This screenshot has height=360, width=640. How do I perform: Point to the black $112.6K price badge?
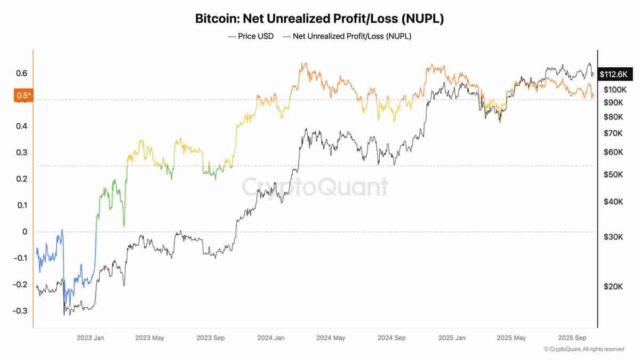pyautogui.click(x=613, y=75)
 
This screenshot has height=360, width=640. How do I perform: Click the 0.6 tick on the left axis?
pyautogui.click(x=21, y=74)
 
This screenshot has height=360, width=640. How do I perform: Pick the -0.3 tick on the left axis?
pyautogui.click(x=20, y=311)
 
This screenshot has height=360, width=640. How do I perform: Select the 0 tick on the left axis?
pyautogui.click(x=24, y=231)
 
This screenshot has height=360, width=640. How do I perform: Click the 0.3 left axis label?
pyautogui.click(x=21, y=153)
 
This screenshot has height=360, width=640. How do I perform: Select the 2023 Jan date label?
pyautogui.click(x=90, y=338)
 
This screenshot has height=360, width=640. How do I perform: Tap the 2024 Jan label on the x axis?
pyautogui.click(x=270, y=338)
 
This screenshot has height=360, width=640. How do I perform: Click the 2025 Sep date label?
pyautogui.click(x=572, y=338)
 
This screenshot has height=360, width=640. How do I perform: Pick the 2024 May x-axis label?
pyautogui.click(x=331, y=338)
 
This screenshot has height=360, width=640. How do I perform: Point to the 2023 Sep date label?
pyautogui.click(x=211, y=338)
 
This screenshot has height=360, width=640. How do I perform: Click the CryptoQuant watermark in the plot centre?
pyautogui.click(x=315, y=187)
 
